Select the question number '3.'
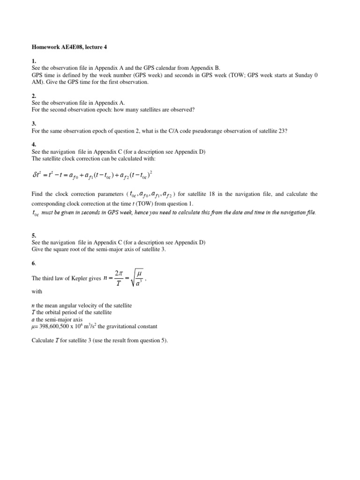coord(34,124)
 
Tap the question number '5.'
coord(34,235)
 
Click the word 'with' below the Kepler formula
coord(37,292)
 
